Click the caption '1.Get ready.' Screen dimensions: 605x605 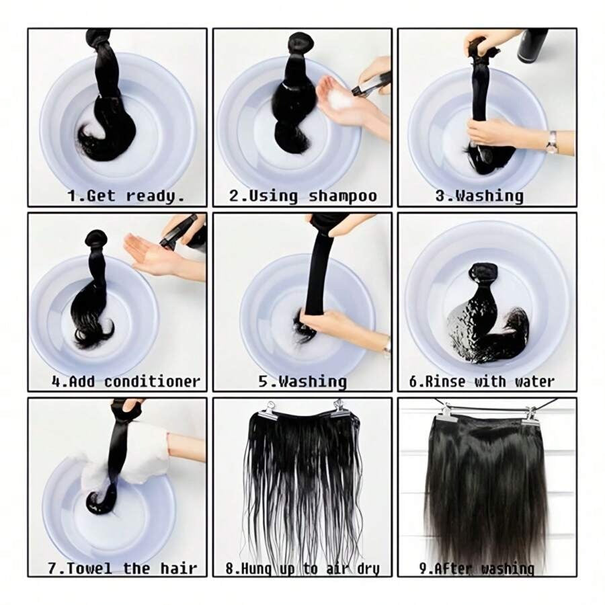pos(126,196)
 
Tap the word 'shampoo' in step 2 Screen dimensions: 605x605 pos(343,196)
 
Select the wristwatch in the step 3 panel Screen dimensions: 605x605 pos(552,141)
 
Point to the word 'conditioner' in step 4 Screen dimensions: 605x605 pos(153,381)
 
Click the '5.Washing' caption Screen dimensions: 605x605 pos(302,381)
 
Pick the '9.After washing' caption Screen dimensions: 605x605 pos(477,569)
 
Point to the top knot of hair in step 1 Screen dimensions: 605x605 pos(99,38)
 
